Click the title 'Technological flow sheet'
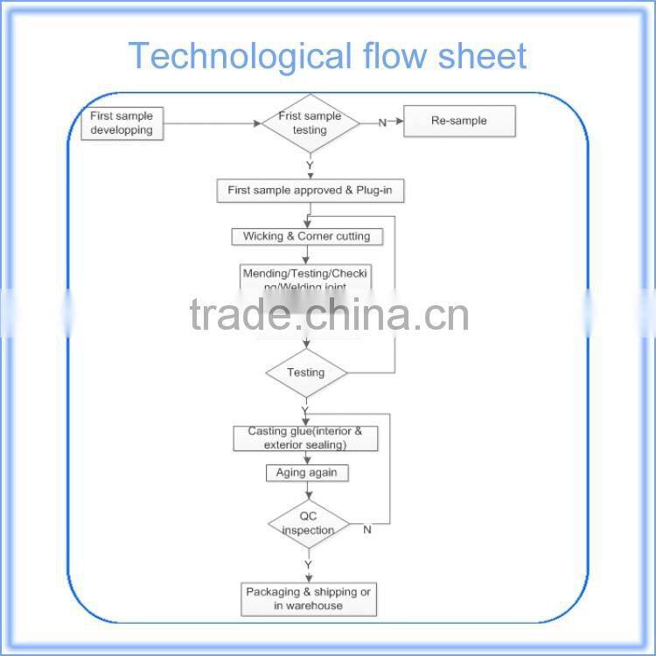327,56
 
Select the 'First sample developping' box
122,123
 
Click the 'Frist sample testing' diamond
310,123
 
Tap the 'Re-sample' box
458,122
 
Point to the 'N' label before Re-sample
382,122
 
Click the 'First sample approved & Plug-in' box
311,190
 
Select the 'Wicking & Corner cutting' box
306,236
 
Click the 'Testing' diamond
306,373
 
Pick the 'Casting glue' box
305,438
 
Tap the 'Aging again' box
306,472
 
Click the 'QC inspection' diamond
308,524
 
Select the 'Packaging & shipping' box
308,599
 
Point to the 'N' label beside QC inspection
366,529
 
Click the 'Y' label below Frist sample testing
309,164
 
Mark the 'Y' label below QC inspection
308,566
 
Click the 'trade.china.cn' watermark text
329,315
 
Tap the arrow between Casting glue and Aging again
306,457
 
